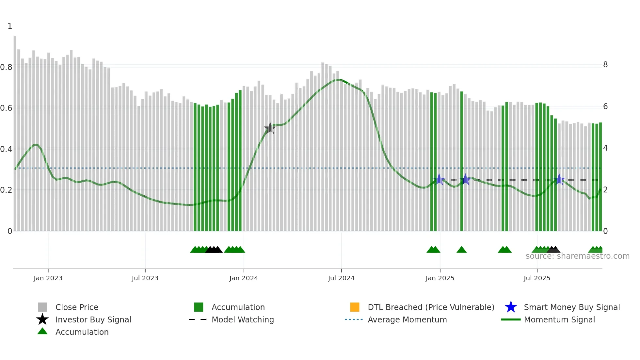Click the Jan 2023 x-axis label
48,278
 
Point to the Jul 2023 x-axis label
145,278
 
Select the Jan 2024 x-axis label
244,278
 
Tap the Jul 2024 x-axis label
341,278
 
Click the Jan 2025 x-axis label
440,278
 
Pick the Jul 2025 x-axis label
537,278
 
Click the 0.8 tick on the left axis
6,67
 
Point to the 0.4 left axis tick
6,149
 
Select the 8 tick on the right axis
605,65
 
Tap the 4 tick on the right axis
605,148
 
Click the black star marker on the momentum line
270,128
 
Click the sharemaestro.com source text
577,256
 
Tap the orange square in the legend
355,307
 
